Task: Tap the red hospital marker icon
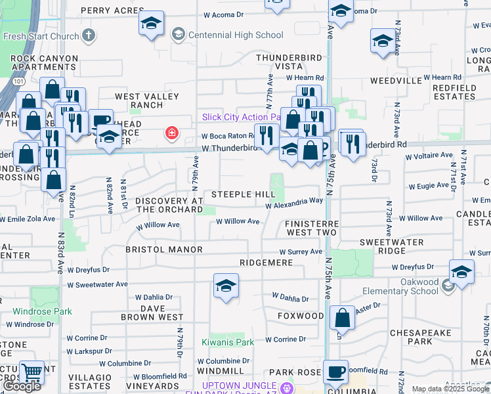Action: [x=172, y=134]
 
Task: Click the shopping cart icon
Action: [x=32, y=373]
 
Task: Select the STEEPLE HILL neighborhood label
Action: [x=243, y=195]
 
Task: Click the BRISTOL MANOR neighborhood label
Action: [x=158, y=251]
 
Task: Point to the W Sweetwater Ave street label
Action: [x=97, y=284]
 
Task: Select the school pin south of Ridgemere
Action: [x=226, y=286]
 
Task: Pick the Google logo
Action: [x=22, y=386]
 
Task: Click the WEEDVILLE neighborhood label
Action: [x=396, y=80]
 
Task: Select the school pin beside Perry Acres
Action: [x=152, y=25]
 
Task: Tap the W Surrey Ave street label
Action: [x=301, y=252]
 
